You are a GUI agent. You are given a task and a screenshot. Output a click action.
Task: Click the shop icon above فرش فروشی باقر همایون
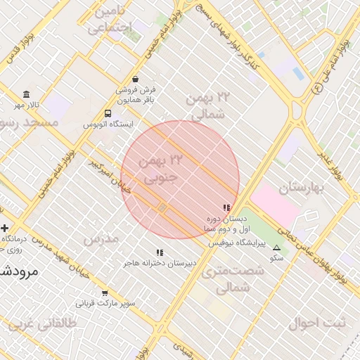[136, 79]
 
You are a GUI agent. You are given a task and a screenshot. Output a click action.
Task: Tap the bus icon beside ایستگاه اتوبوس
[108, 113]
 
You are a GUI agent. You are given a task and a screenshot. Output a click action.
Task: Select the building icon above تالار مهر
[27, 95]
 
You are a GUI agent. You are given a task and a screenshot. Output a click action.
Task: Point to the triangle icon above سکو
[276, 247]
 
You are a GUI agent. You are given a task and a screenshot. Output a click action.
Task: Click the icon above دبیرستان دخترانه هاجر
[160, 252]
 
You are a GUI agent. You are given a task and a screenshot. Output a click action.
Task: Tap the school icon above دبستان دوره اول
[226, 208]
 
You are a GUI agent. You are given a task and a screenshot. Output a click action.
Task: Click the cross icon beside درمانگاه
[6, 228]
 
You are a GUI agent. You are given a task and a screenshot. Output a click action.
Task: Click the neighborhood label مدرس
[101, 239]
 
